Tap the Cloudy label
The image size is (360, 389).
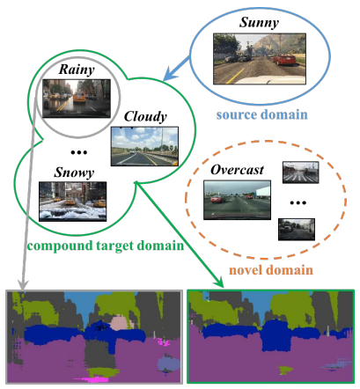(x=143, y=116)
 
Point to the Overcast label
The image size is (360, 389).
(x=236, y=169)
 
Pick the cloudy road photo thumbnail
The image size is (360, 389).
(x=145, y=146)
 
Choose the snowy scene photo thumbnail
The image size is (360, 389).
(x=73, y=200)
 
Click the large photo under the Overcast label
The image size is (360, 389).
(x=231, y=200)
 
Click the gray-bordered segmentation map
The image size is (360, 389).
(x=92, y=337)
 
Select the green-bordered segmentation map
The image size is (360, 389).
(x=271, y=337)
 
